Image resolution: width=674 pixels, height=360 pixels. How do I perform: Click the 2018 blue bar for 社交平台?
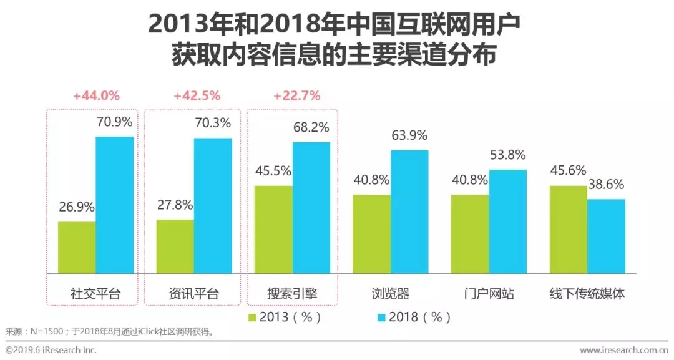click(114, 205)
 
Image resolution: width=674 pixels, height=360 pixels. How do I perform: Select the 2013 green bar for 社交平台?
click(77, 247)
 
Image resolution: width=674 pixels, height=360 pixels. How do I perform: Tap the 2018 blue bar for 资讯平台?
click(213, 205)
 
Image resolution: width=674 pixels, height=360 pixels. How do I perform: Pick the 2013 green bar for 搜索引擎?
click(273, 229)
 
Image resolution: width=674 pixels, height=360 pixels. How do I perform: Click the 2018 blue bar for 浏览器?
click(409, 212)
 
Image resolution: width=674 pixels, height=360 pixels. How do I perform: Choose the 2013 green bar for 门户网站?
click(470, 234)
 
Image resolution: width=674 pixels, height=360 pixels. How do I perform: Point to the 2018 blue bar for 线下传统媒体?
click(606, 236)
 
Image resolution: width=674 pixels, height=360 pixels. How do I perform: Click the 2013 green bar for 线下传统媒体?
click(569, 229)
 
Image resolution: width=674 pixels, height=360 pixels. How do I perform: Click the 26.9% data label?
click(76, 207)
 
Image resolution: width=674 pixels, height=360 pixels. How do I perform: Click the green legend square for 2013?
click(253, 318)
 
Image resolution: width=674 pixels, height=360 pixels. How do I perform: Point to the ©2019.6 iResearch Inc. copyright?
click(51, 350)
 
